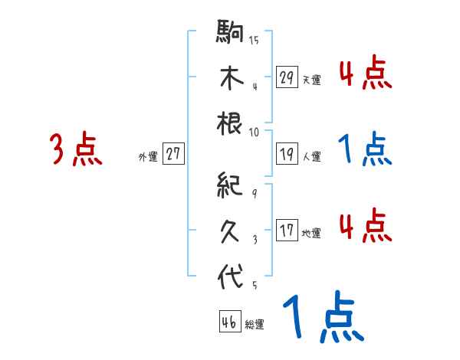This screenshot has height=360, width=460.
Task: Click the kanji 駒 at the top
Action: pos(230,33)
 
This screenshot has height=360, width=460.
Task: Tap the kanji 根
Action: pos(230,123)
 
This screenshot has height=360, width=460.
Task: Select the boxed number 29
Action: pos(287,77)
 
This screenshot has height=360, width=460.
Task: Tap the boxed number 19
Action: pos(287,155)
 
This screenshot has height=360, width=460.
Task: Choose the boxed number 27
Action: pos(173,155)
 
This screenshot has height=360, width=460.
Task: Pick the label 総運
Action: pos(254,325)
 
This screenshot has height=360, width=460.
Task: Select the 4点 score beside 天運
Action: pos(365,74)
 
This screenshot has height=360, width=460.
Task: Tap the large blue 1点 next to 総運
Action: pos(323,319)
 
